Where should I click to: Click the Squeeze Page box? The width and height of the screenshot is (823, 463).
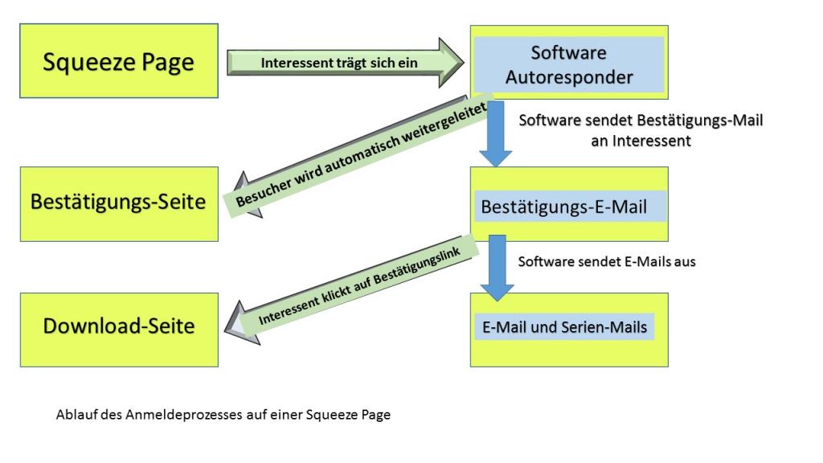pyautogui.click(x=118, y=61)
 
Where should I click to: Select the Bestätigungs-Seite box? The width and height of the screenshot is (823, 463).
pyautogui.click(x=118, y=203)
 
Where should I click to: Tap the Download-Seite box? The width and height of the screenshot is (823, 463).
pyautogui.click(x=118, y=328)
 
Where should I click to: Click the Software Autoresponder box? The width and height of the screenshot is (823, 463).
pyautogui.click(x=568, y=64)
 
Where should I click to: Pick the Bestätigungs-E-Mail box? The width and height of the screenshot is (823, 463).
pyautogui.click(x=568, y=206)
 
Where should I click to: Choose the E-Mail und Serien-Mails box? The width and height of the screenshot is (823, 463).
pyautogui.click(x=568, y=329)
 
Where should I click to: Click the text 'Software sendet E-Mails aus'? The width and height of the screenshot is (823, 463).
pyautogui.click(x=607, y=261)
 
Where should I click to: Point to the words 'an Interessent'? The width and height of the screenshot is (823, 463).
pyautogui.click(x=641, y=140)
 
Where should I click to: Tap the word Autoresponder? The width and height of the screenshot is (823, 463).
pyautogui.click(x=569, y=78)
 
